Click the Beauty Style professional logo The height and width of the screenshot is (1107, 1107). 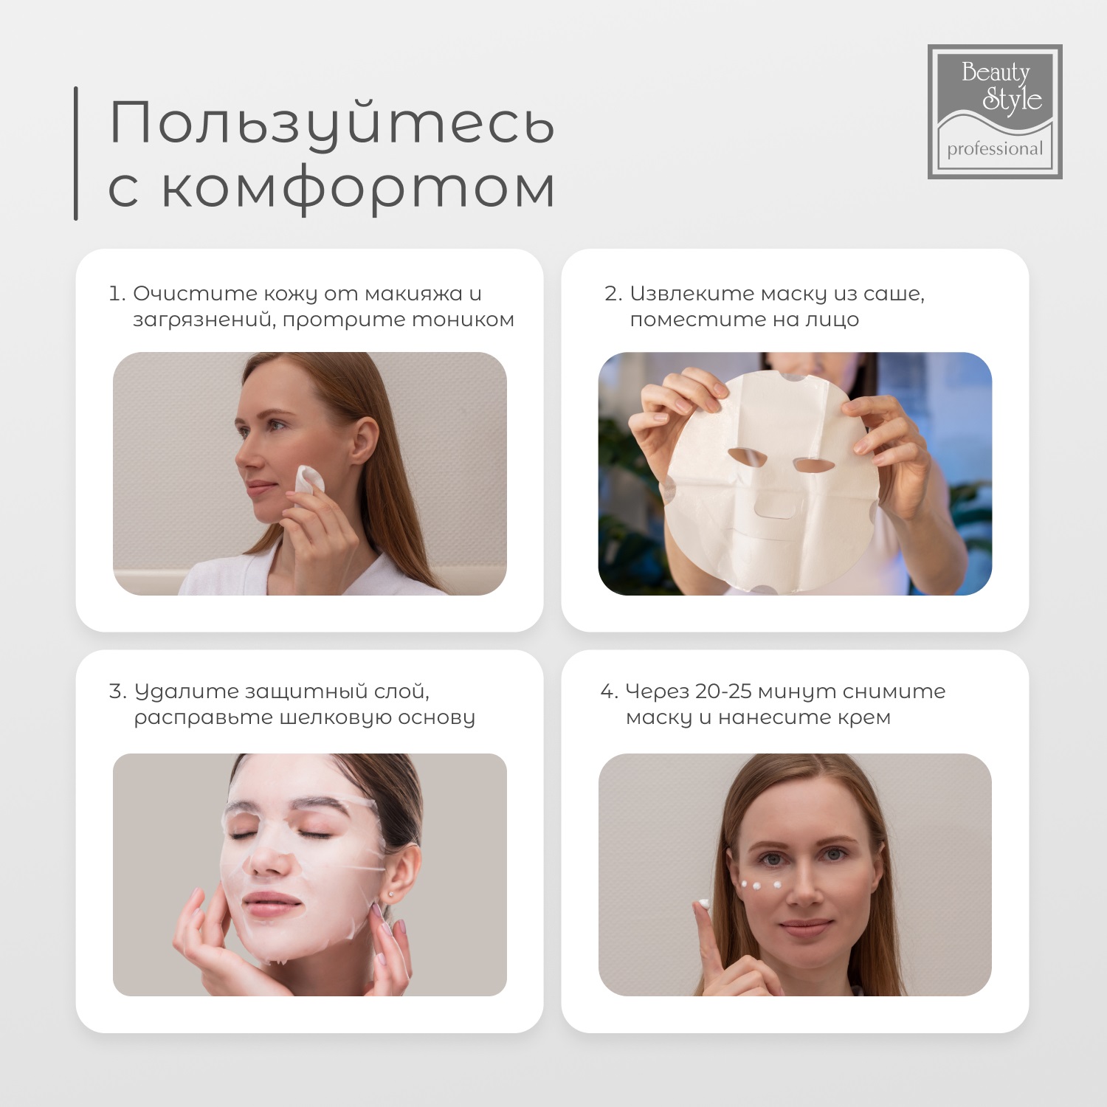(994, 111)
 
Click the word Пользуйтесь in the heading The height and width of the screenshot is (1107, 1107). (331, 123)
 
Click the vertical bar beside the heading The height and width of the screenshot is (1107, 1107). (76, 154)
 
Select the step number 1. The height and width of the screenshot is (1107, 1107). (116, 294)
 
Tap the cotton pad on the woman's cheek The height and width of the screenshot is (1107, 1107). (309, 480)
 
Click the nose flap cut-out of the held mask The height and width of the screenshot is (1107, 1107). (775, 507)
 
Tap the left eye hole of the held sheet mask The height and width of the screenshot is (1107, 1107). (747, 456)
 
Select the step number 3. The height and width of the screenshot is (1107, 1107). (117, 692)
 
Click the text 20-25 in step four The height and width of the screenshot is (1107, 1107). (723, 692)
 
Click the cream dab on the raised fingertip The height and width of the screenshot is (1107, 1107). (704, 903)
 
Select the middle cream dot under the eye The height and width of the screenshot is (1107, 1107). (756, 886)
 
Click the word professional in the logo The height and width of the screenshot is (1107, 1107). (995, 149)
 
